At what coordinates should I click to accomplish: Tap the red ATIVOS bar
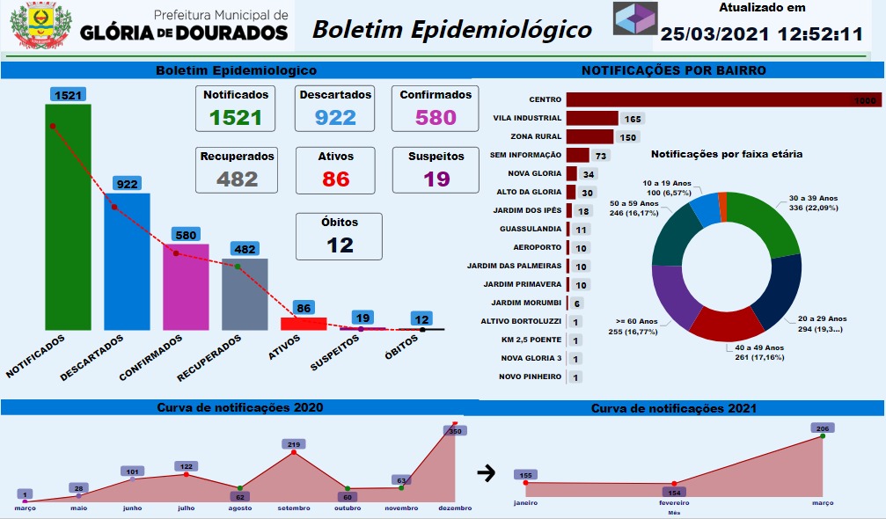(x=304, y=324)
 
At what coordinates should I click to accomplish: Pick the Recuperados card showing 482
(x=238, y=169)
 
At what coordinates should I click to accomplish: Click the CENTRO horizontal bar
(x=721, y=100)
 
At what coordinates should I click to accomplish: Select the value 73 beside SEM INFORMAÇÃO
(x=602, y=156)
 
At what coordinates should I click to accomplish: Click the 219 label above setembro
(x=293, y=445)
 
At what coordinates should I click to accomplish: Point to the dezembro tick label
(x=455, y=507)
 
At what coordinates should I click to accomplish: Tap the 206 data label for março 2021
(x=823, y=428)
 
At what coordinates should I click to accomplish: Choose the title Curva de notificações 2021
(x=674, y=408)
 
